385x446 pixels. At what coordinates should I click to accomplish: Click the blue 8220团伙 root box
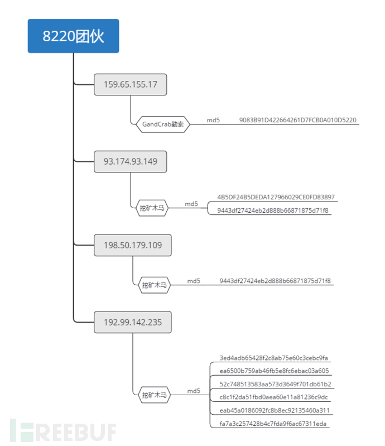73,36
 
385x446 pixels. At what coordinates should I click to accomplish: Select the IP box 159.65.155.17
131,85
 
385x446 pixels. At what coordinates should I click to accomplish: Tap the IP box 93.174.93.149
131,161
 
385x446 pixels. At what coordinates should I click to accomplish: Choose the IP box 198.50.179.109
133,244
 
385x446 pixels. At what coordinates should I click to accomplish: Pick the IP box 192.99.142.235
133,322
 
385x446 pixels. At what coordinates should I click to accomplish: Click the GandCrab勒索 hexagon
163,124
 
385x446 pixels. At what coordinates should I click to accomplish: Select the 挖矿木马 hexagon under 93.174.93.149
152,208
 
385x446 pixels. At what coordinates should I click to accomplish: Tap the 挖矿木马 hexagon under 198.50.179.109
154,285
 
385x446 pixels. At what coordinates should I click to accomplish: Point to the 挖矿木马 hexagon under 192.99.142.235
154,395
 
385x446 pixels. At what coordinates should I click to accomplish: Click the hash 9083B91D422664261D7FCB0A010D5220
297,120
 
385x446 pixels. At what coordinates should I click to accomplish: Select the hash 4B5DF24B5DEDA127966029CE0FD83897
276,197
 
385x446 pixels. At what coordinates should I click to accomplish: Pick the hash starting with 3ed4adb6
274,358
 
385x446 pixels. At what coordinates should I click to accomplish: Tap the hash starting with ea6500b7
274,371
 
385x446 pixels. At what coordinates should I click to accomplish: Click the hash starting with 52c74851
276,384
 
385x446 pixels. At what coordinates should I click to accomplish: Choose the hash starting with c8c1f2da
274,397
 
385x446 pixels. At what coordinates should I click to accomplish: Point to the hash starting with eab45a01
275,411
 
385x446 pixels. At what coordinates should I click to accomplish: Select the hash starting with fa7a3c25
274,424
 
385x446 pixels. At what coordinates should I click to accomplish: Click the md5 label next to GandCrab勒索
213,120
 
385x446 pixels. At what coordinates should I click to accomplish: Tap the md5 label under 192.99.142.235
194,391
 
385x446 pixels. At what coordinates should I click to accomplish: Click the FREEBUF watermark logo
67,431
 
